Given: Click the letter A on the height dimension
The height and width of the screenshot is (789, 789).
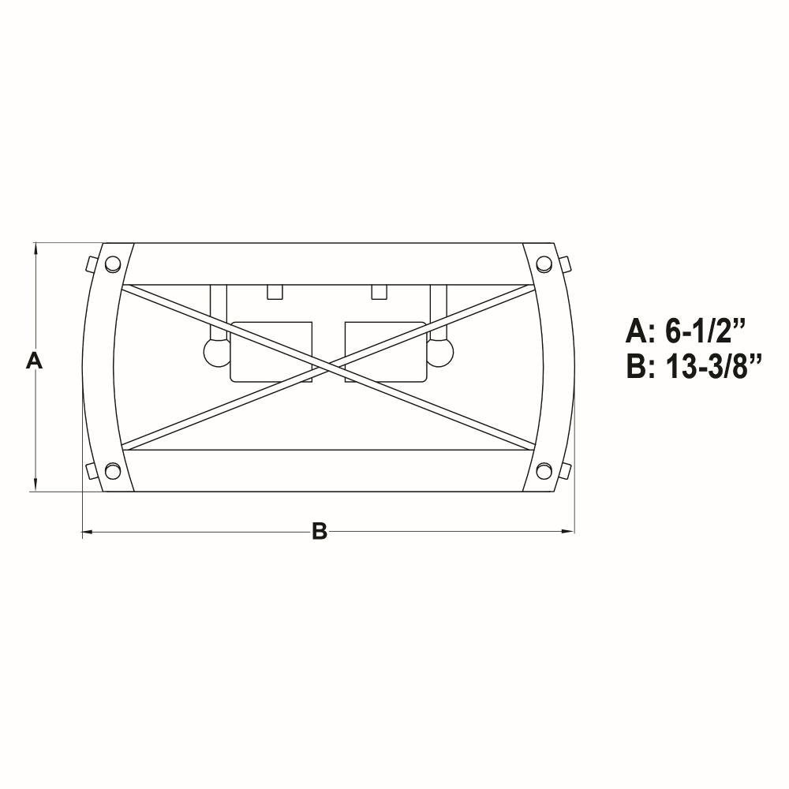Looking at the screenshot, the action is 34,361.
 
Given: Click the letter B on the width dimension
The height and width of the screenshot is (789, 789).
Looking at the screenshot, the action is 320,531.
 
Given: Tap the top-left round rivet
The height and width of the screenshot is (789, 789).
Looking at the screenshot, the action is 112,264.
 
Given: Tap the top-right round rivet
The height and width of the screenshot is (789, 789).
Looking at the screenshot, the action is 544,264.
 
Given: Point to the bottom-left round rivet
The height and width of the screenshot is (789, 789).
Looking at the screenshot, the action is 112,472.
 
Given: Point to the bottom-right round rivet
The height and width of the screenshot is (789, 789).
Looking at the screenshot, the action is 544,472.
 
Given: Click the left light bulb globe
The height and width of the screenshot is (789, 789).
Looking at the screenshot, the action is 216,352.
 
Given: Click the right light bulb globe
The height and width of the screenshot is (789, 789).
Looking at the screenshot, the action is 440,352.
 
